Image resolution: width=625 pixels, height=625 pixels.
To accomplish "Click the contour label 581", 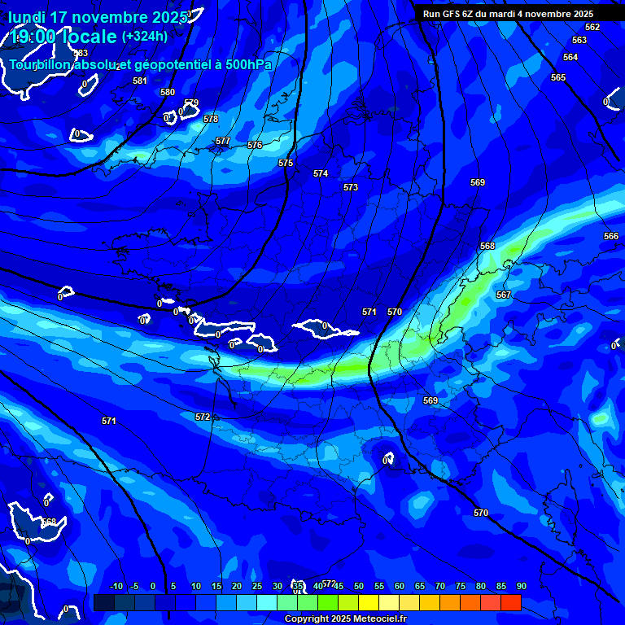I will [140, 81].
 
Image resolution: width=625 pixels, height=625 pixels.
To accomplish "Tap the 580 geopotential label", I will [168, 92].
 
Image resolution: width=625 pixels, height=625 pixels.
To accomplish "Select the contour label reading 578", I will [211, 119].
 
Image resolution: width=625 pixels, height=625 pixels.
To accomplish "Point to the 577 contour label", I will [223, 141].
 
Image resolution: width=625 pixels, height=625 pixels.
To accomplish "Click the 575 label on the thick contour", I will [286, 163].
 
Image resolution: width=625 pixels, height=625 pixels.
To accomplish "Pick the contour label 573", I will [351, 187].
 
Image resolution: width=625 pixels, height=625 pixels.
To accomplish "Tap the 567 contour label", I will [504, 295].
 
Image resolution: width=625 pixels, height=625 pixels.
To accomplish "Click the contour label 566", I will [611, 236].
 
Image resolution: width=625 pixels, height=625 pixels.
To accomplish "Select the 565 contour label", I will [558, 77].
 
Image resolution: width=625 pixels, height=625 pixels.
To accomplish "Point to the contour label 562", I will [592, 27].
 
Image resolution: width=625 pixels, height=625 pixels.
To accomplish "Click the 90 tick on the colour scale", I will [521, 586].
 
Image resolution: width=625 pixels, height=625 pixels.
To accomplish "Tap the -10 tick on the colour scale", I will [116, 586].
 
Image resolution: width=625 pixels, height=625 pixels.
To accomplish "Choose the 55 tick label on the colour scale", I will [379, 586].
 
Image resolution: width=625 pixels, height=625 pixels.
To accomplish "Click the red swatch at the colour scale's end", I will [510, 603].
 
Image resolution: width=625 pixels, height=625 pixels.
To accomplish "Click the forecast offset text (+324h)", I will [145, 36].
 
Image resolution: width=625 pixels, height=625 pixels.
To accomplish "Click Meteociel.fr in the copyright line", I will [379, 619].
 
